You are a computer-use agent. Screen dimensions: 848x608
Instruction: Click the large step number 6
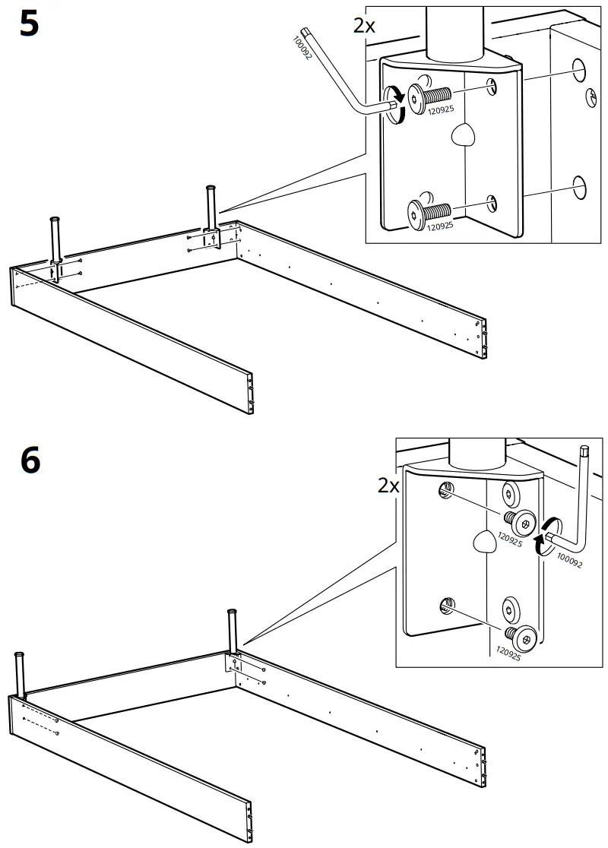pos(30,460)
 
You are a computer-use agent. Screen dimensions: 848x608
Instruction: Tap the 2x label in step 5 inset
pos(364,25)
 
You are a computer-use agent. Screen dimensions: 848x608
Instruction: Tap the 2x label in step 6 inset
pos(388,485)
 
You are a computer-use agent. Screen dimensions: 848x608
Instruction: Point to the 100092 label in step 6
pos(568,561)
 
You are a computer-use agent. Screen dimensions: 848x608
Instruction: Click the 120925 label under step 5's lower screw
pos(439,226)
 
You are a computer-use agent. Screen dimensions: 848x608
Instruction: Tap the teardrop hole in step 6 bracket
pos(484,541)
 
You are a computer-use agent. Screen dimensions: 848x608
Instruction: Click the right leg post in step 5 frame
pos(211,207)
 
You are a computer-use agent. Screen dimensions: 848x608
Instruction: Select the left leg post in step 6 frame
pos(19,673)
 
